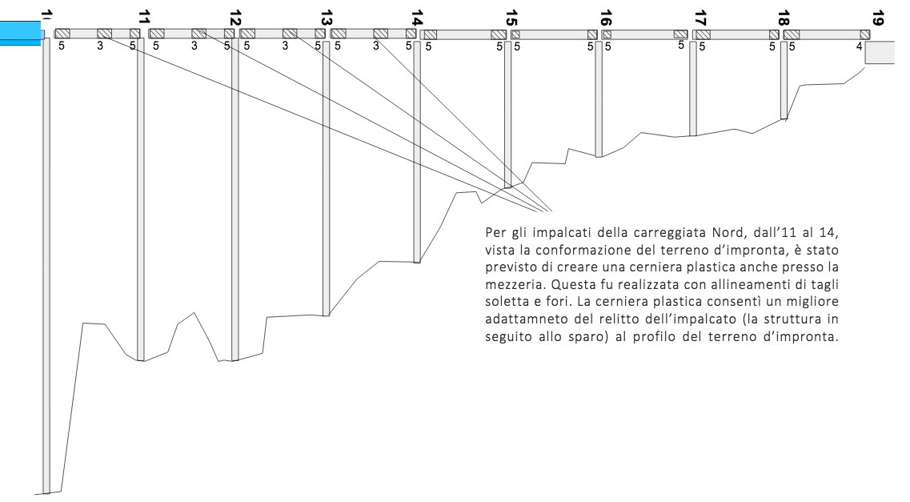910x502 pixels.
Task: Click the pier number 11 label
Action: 145,18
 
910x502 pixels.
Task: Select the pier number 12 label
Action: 235,18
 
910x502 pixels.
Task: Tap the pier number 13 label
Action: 327,18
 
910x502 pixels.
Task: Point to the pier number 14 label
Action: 417,18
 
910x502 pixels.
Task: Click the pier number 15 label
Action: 511,18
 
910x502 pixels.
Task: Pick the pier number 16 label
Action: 606,18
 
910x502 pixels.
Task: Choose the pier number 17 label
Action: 700,18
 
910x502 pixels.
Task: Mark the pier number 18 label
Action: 784,18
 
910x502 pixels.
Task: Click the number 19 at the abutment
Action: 877,18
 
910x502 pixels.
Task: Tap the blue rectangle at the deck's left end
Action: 21,33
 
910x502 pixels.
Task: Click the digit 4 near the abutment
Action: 859,46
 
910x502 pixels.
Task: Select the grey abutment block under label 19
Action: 880,52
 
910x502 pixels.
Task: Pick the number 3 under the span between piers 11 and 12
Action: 194,46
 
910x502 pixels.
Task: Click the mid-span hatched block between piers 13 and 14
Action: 380,34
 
